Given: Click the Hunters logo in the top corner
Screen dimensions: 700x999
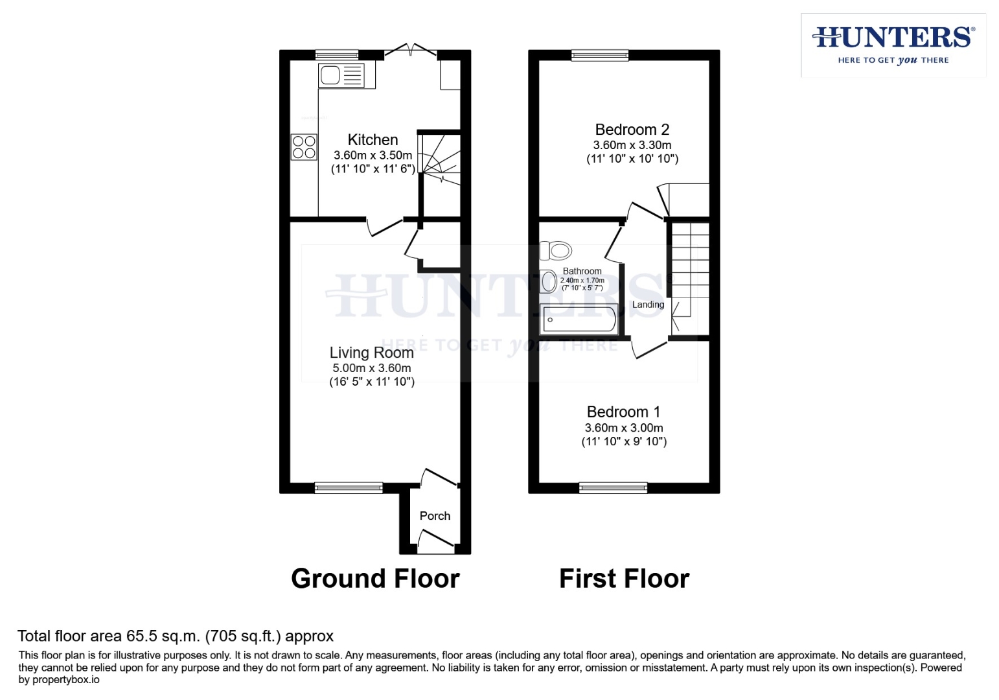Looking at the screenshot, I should [893, 44].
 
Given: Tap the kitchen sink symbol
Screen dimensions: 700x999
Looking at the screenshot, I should [341, 75].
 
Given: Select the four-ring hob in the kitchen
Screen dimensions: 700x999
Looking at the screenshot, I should [304, 147].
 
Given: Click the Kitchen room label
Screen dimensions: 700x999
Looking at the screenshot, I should [373, 140].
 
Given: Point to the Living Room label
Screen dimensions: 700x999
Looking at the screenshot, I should [371, 353].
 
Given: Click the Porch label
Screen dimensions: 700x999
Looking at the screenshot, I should [435, 516].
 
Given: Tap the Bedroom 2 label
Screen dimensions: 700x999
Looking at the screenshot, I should [632, 130].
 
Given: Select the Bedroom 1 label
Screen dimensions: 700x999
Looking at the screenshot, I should [623, 412].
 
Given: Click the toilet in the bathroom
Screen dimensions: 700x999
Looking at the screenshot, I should [556, 250].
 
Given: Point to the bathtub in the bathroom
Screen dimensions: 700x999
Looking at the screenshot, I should [579, 319].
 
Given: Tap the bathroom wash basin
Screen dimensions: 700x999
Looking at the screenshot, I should [549, 281].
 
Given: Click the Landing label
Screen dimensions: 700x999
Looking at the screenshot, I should [648, 305].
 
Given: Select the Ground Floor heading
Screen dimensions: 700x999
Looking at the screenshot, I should [375, 578].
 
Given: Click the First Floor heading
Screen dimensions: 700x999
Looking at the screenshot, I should [624, 578].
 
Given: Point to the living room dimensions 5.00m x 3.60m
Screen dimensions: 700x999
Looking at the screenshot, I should [371, 368].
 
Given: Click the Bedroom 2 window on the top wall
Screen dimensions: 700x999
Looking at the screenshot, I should [600, 55].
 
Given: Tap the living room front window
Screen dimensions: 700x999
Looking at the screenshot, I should [349, 487].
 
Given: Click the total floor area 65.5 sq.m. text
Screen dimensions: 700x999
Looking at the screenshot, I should [175, 636].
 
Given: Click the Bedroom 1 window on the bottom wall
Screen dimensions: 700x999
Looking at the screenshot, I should [613, 487].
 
